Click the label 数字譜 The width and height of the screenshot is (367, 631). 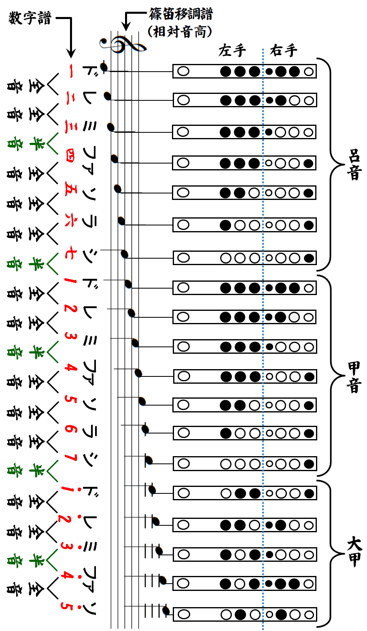pos(30,18)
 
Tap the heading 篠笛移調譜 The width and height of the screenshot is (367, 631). pos(180,14)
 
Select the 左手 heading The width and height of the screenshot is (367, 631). pos(232,51)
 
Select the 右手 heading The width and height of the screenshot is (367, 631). pos(284,51)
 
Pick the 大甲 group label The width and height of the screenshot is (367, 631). pos(354,552)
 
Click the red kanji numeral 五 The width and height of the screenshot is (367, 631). pos(70,189)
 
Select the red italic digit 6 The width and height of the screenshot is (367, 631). pos(70,429)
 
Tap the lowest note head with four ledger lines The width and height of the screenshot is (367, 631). pos(166,610)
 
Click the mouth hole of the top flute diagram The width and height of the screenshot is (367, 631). pos(183,71)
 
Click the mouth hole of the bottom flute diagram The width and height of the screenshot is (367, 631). pos(184,615)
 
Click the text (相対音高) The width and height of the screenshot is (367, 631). pos(180,32)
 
